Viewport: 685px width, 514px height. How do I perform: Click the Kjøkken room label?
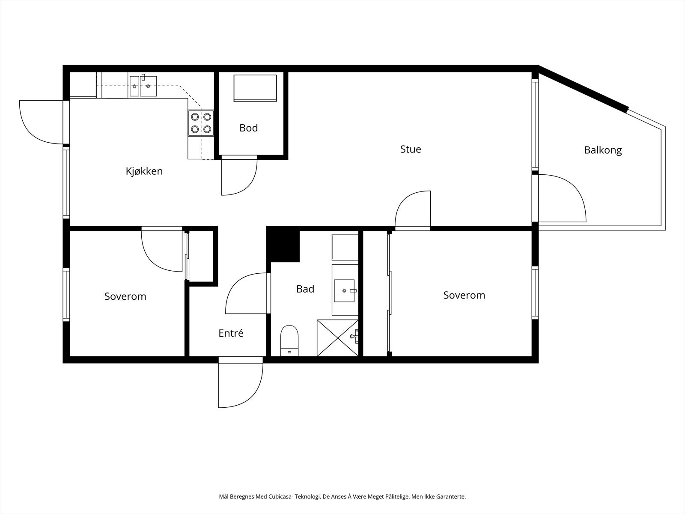(144, 171)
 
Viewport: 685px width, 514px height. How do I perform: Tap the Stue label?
(411, 149)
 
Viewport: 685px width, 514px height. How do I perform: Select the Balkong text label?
(603, 150)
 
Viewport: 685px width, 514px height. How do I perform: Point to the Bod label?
(248, 128)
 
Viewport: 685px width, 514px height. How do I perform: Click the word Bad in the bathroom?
(305, 289)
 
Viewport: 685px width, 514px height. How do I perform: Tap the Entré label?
(231, 333)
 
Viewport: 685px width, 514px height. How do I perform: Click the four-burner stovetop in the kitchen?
(201, 123)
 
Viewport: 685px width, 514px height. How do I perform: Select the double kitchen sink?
(143, 86)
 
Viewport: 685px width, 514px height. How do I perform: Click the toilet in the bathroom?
(289, 341)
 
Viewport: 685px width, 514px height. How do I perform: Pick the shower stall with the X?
(338, 338)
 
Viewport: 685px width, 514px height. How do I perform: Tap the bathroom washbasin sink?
(345, 290)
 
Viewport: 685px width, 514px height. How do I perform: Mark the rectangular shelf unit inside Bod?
(255, 88)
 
